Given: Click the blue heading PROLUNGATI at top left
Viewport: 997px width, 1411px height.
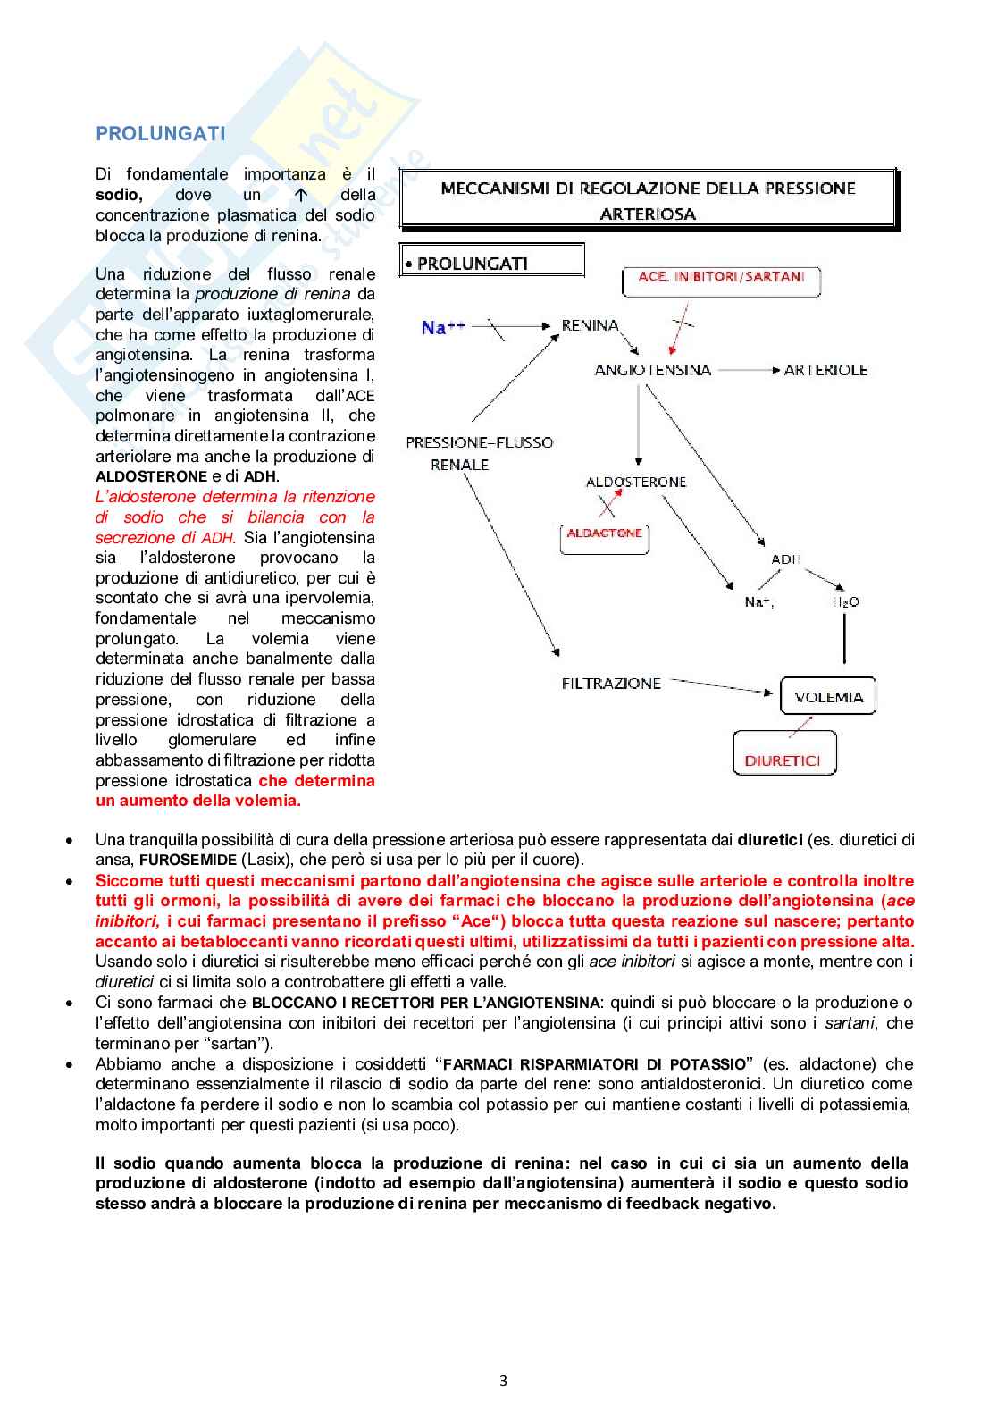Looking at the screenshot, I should pos(161,134).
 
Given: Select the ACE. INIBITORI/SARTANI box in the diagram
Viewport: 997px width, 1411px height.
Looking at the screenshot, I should pos(721,281).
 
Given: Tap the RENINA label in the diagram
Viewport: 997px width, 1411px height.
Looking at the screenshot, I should pos(590,325).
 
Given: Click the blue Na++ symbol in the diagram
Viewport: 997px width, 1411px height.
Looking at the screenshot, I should pos(443,327).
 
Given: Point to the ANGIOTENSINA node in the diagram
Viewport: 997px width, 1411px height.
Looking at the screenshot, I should pos(652,370).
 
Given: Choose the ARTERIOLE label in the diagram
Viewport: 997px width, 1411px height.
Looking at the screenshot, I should pos(825,370).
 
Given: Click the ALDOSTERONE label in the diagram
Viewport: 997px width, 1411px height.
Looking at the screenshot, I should pos(636,482).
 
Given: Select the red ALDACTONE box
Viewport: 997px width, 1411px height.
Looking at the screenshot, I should pos(604,536).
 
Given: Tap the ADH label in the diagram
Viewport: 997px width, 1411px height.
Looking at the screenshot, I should pos(786,559).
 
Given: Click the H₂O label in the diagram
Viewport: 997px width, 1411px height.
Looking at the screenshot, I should pos(845,602).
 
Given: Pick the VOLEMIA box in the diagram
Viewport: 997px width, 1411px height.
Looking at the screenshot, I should pos(828,697).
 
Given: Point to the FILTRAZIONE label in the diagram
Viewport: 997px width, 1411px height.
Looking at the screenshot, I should pos(611,684).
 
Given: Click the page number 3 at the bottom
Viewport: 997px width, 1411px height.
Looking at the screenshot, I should pos(503,1381).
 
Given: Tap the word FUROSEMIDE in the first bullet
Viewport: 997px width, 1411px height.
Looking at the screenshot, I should pos(188,861).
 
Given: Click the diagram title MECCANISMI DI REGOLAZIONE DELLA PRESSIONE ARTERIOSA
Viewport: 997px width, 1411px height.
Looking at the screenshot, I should pos(648,200).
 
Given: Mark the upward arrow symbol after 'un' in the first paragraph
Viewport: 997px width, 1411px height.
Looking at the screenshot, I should pos(301,195).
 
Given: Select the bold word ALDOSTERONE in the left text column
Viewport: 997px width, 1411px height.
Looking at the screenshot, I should pos(151,477).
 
